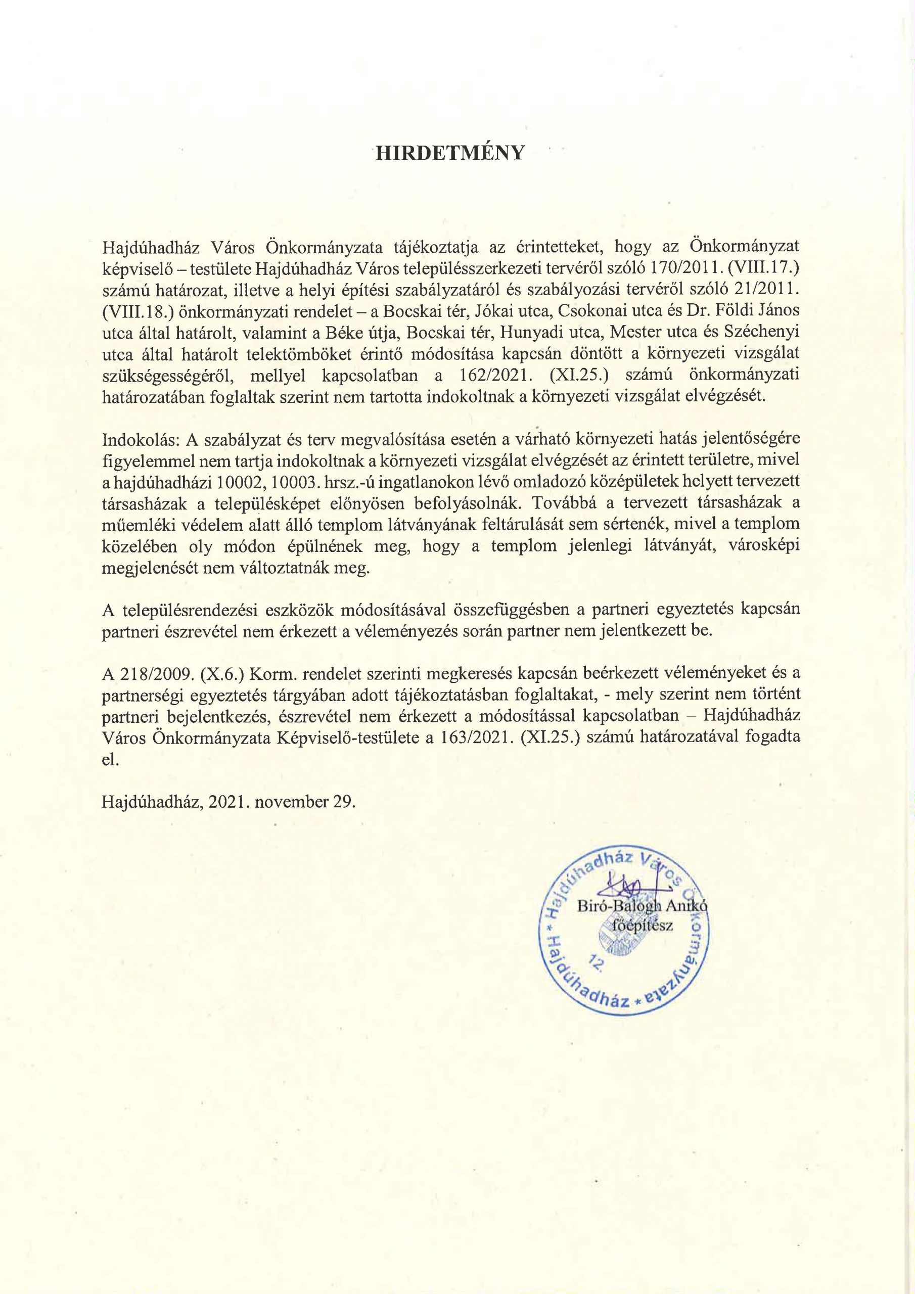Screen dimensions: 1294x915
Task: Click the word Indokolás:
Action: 135,439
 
